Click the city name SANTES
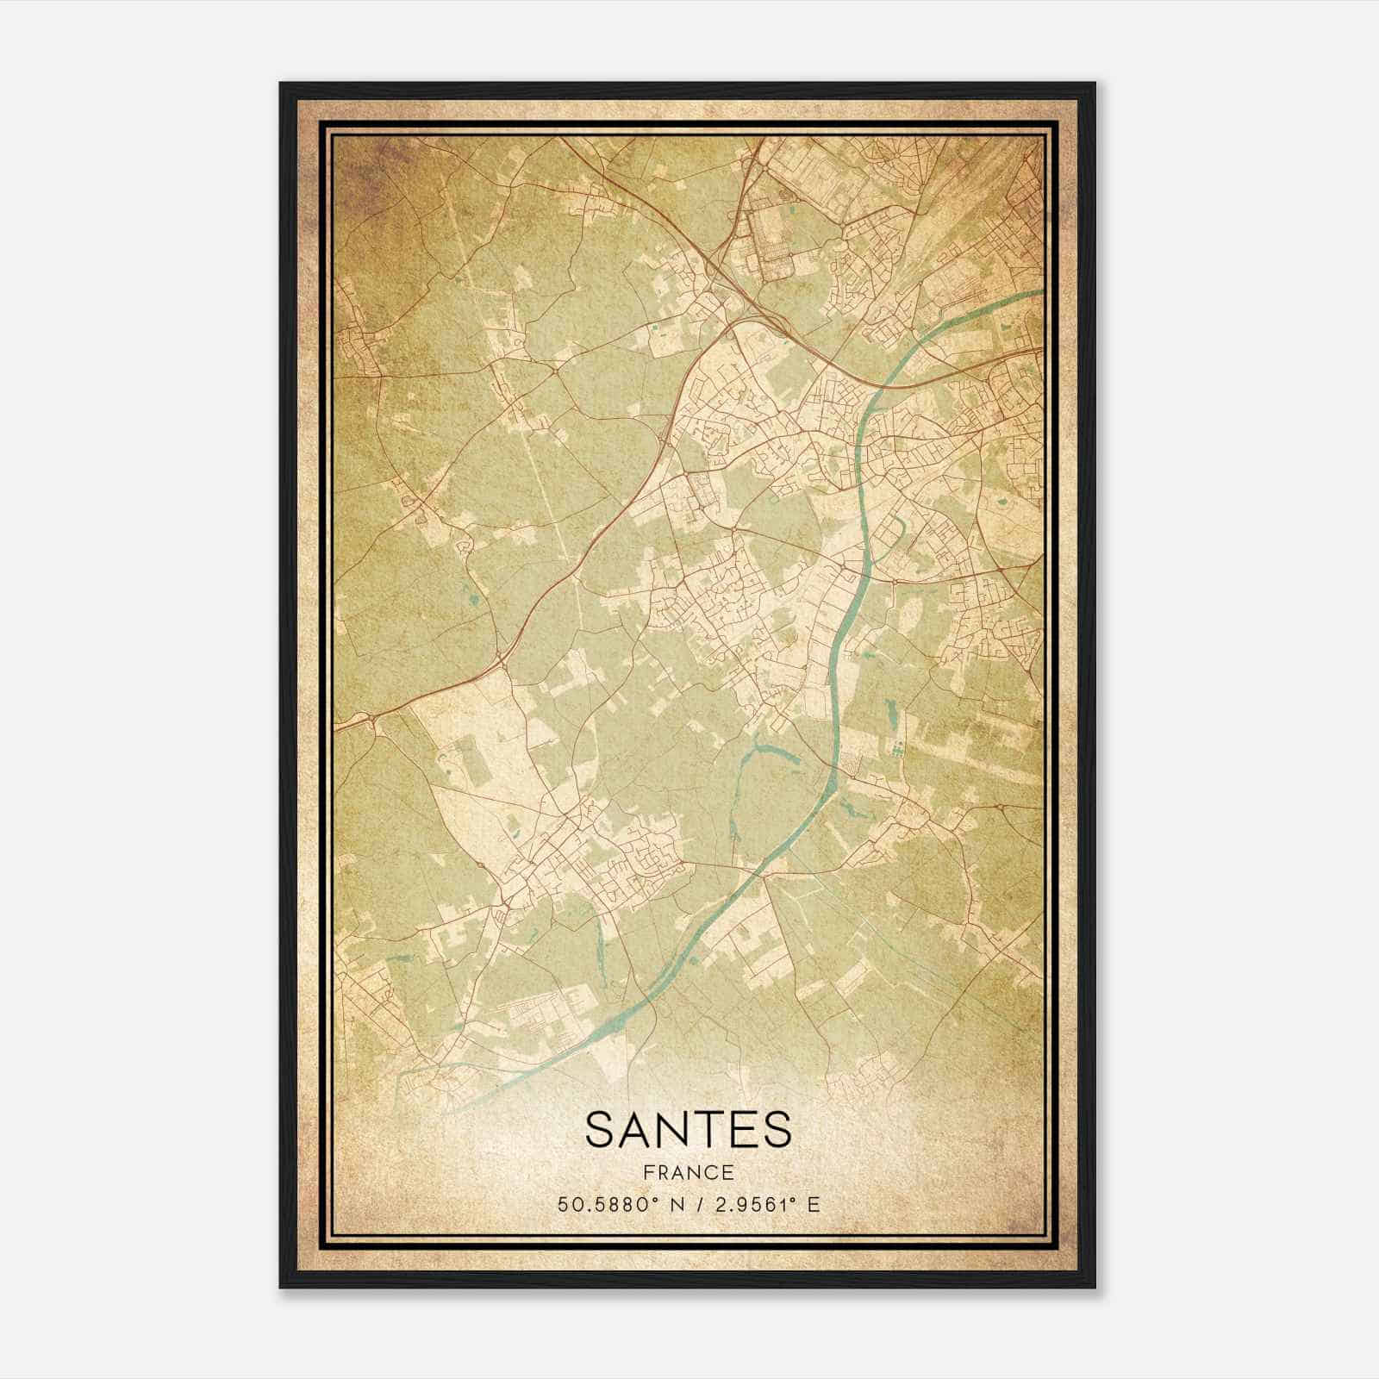(x=688, y=1130)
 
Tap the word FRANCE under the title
(x=688, y=1172)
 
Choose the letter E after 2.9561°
(x=813, y=1204)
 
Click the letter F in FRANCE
(x=646, y=1172)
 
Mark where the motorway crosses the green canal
(x=889, y=379)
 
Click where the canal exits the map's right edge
(x=1041, y=292)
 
